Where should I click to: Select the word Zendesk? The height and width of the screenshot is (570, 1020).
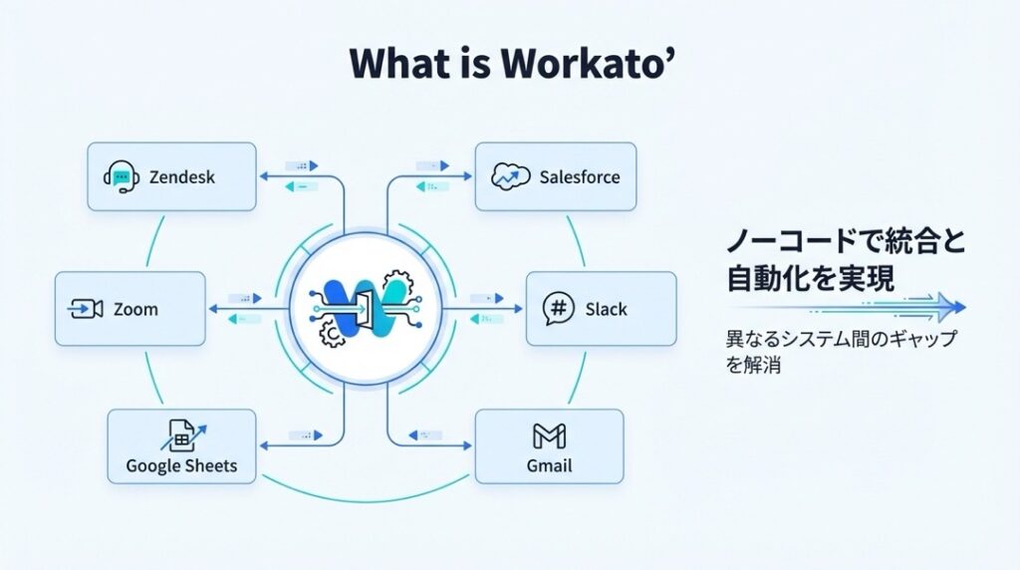point(181,178)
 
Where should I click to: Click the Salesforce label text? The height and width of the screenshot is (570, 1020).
point(579,177)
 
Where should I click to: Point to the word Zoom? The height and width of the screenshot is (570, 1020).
point(135,309)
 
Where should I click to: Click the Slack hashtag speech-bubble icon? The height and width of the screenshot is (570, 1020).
point(559,309)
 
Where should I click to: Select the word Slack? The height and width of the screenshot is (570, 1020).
point(606,309)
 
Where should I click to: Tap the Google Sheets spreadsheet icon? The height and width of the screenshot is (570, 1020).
point(181,435)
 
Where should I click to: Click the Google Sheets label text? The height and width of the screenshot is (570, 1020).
point(181,465)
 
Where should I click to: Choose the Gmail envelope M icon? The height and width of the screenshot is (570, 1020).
point(549,435)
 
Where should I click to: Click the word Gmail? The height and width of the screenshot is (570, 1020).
point(549,465)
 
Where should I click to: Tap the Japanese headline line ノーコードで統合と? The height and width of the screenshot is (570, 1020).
point(846,241)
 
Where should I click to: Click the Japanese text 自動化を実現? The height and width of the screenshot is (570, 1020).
point(810,278)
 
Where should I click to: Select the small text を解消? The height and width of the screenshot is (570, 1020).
point(753,365)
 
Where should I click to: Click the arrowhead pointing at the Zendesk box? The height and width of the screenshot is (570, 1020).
point(263,177)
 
